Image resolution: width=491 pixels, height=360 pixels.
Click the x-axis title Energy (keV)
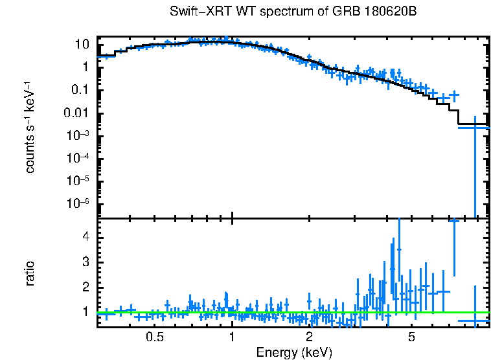[x=294, y=352]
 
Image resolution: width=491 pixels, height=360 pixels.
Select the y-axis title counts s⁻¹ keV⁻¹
[x=30, y=127]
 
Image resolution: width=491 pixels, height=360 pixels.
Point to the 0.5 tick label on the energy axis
[x=154, y=337]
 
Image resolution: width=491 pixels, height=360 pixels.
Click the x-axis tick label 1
[x=232, y=337]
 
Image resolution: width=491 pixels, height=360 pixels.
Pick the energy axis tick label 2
[x=310, y=337]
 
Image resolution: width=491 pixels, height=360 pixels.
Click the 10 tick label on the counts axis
[x=82, y=45]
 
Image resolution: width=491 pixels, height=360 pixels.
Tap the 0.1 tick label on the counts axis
[x=79, y=90]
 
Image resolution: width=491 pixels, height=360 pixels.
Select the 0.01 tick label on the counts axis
[x=76, y=113]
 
